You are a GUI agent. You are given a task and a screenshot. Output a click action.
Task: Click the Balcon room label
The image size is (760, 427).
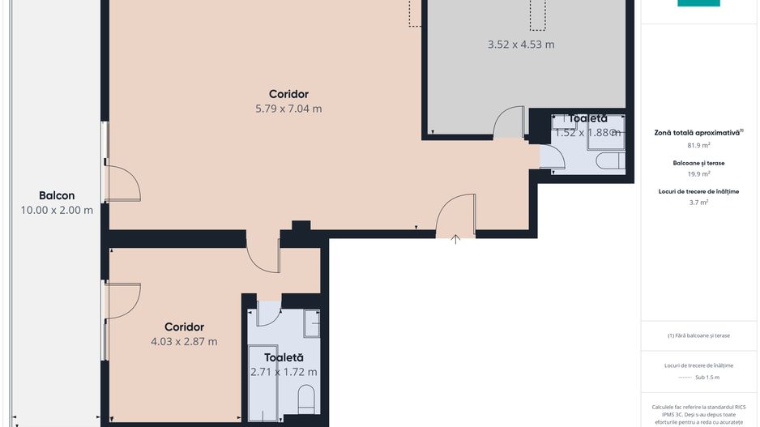[x=57, y=195]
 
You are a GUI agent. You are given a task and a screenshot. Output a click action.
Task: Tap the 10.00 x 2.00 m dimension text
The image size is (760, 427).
[x=57, y=210]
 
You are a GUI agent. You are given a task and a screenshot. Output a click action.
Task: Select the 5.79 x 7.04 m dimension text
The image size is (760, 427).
[x=288, y=109]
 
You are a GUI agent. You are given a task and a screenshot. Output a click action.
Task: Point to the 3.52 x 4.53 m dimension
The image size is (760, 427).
[x=521, y=45]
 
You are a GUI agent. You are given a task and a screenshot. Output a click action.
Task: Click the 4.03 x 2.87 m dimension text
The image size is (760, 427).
[x=184, y=341]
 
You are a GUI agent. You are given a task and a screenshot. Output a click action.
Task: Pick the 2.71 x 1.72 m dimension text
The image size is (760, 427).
[x=284, y=372]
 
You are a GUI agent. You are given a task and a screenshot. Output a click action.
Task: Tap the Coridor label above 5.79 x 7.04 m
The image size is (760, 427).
[x=288, y=94]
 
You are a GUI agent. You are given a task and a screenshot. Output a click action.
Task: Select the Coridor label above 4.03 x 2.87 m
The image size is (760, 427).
[x=184, y=327]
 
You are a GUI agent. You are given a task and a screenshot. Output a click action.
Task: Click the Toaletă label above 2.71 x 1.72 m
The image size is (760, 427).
[x=284, y=357]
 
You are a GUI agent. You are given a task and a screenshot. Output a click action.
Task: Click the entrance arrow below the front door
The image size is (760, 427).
[x=456, y=239]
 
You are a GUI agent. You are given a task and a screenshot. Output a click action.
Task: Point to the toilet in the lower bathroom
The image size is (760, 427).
[x=306, y=398]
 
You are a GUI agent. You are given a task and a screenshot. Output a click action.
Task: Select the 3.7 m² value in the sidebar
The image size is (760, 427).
[x=698, y=203]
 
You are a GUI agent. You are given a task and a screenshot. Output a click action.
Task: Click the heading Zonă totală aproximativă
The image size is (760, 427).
[x=698, y=132]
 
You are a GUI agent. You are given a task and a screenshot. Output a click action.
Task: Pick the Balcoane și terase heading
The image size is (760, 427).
[x=698, y=163]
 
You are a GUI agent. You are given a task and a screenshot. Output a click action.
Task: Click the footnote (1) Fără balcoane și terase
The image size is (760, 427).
[x=698, y=335]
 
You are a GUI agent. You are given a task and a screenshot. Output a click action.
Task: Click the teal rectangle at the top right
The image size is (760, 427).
[x=698, y=3]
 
